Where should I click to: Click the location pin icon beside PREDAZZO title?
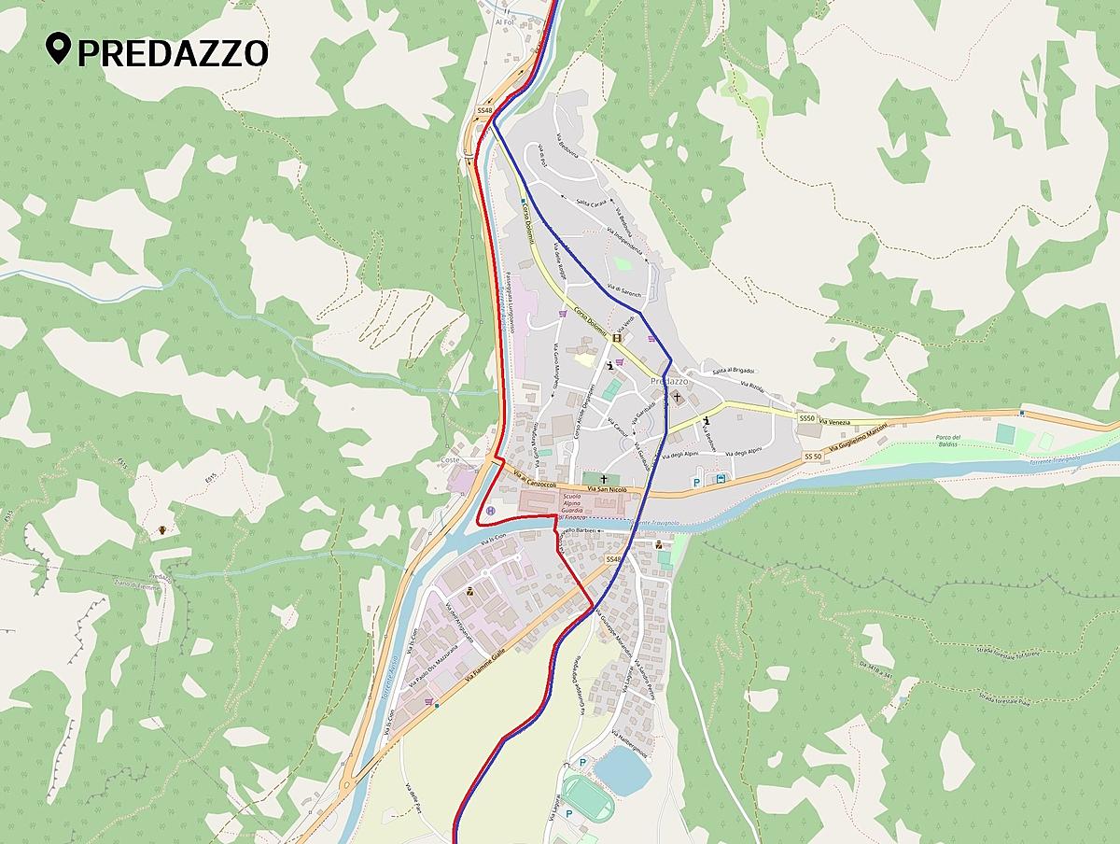(60, 50)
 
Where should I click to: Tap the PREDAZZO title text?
(173, 53)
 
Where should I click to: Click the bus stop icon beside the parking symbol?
(721, 480)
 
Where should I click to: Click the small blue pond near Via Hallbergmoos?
(623, 769)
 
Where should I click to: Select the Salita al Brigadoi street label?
(734, 372)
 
